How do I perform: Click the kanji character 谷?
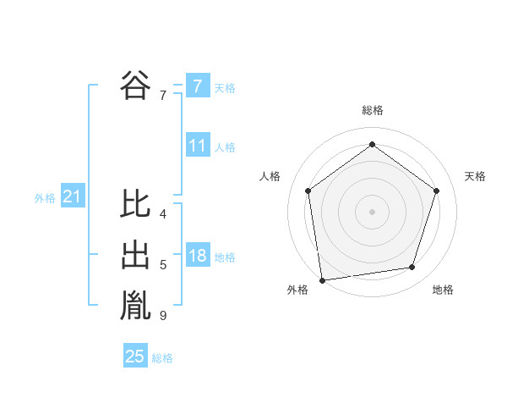pyautogui.click(x=135, y=85)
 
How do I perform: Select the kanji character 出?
pyautogui.click(x=135, y=256)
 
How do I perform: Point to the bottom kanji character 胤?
pyautogui.click(x=135, y=307)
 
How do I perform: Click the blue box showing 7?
pyautogui.click(x=197, y=86)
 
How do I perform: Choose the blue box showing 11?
pyautogui.click(x=197, y=146)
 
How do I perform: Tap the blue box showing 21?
pyautogui.click(x=72, y=197)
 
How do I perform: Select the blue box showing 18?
pyautogui.click(x=197, y=256)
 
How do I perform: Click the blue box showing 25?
pyautogui.click(x=135, y=357)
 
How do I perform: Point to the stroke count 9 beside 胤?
pyautogui.click(x=162, y=317)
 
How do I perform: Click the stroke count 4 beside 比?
pyautogui.click(x=162, y=214)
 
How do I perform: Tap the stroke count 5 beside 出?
pyautogui.click(x=162, y=266)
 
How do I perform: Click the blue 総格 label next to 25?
pyautogui.click(x=162, y=358)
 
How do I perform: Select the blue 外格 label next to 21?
pyautogui.click(x=45, y=199)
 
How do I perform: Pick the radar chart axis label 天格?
pyautogui.click(x=476, y=176)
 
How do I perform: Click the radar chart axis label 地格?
pyautogui.click(x=443, y=290)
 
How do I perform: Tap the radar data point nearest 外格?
pyautogui.click(x=322, y=279)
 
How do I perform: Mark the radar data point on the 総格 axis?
pyautogui.click(x=372, y=145)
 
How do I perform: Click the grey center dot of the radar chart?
pyautogui.click(x=372, y=211)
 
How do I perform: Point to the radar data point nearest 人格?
pyautogui.click(x=308, y=191)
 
